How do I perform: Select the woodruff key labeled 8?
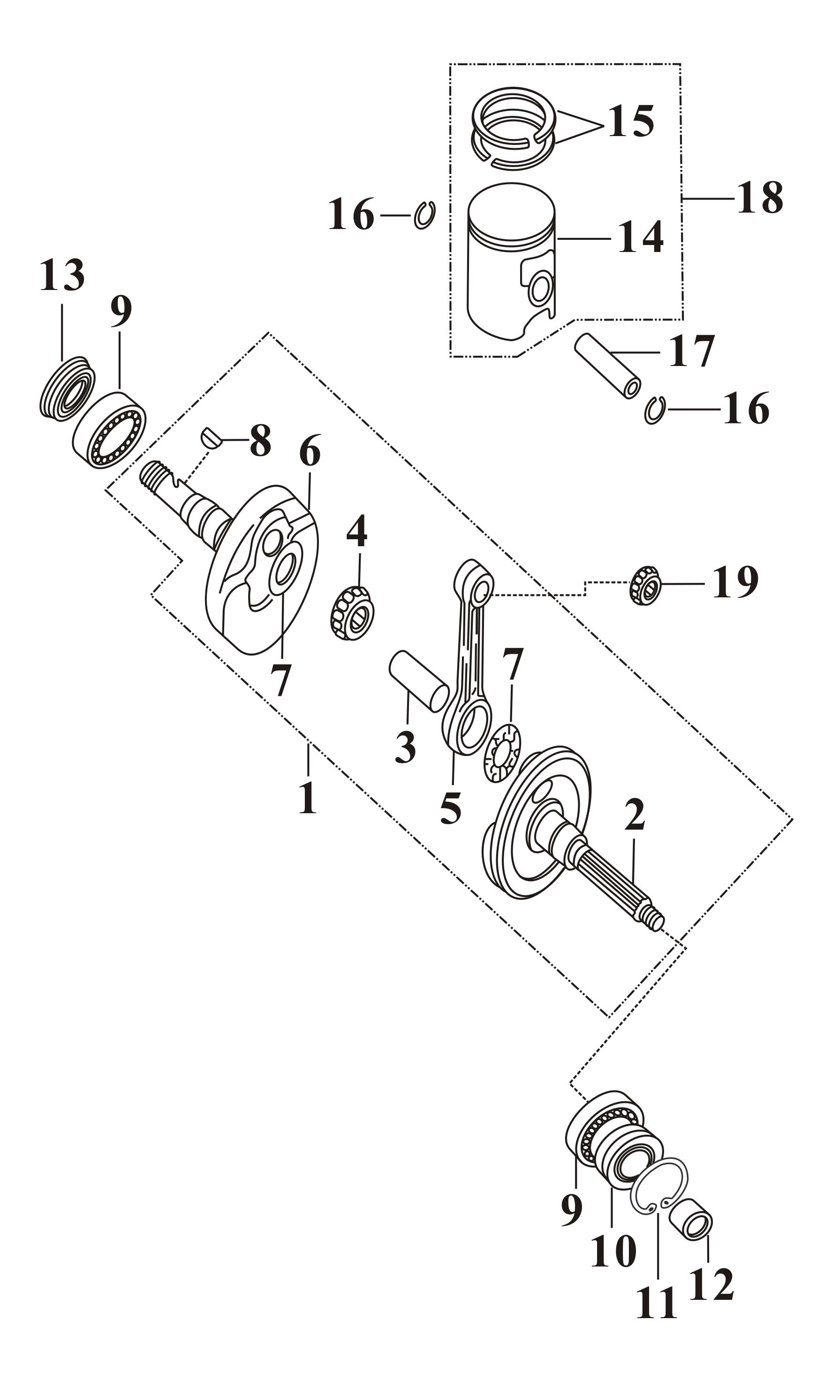click(211, 438)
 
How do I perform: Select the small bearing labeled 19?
click(645, 586)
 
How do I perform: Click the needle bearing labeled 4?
click(351, 613)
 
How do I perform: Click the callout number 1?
click(308, 798)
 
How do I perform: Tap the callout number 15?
click(631, 121)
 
